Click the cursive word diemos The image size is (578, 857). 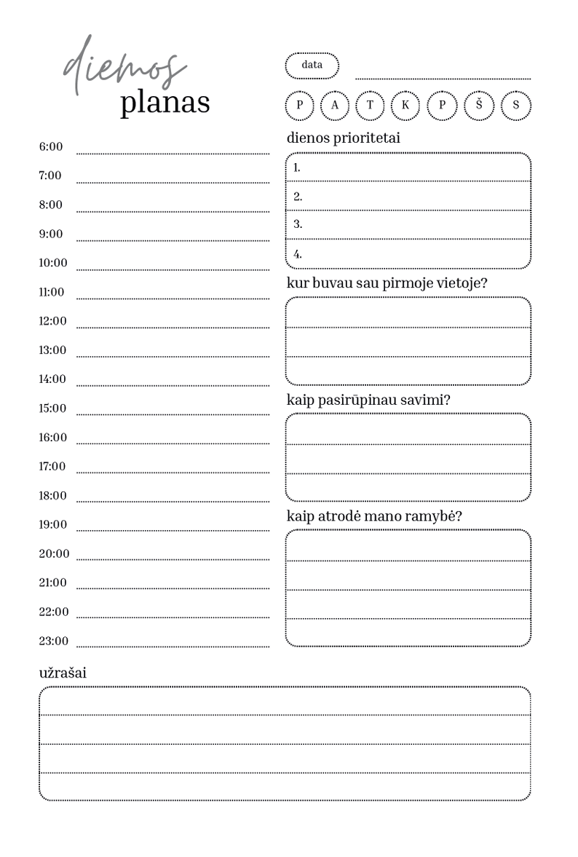point(124,69)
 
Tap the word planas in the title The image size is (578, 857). point(165,103)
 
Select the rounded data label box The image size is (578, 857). point(312,66)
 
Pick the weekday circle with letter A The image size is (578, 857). point(335,105)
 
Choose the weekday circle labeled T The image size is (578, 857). point(370,105)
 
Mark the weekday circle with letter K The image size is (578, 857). point(405,105)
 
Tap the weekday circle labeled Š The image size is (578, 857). point(479,105)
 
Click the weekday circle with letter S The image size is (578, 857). point(516,105)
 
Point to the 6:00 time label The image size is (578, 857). point(51,147)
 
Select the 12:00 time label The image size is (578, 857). point(52,321)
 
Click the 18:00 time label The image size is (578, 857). point(52,496)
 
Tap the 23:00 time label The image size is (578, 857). point(54,641)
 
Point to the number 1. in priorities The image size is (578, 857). point(297,167)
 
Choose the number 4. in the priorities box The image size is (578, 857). point(298,255)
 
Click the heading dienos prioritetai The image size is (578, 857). point(344,138)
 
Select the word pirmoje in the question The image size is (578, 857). point(417,283)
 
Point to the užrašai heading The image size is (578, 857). point(63,673)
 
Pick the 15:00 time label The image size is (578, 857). point(52,408)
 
